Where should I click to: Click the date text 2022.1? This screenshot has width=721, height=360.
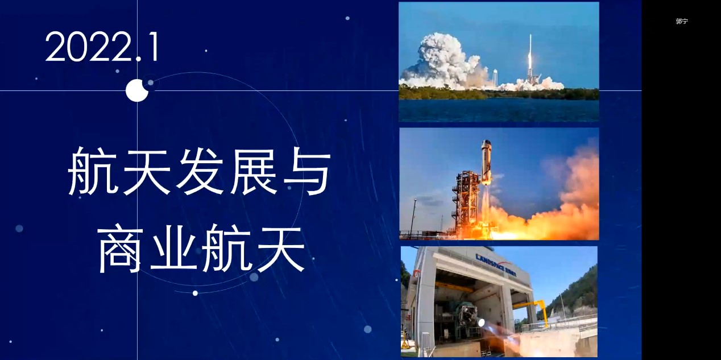102,47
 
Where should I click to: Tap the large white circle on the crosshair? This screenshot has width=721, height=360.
137,90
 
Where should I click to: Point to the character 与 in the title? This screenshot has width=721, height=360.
306,171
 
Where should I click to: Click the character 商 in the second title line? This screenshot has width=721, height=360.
120,250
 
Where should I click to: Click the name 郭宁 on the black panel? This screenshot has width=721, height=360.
682,21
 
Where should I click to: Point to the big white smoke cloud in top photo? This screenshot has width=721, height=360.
446,63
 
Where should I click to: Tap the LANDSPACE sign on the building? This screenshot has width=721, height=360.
496,265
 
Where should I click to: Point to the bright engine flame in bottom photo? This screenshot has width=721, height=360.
481,322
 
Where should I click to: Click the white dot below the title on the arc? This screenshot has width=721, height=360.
195,293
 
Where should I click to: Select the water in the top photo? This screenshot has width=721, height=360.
499,110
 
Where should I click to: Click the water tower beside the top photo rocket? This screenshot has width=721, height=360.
495,77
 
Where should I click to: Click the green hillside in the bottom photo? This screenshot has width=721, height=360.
576,290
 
